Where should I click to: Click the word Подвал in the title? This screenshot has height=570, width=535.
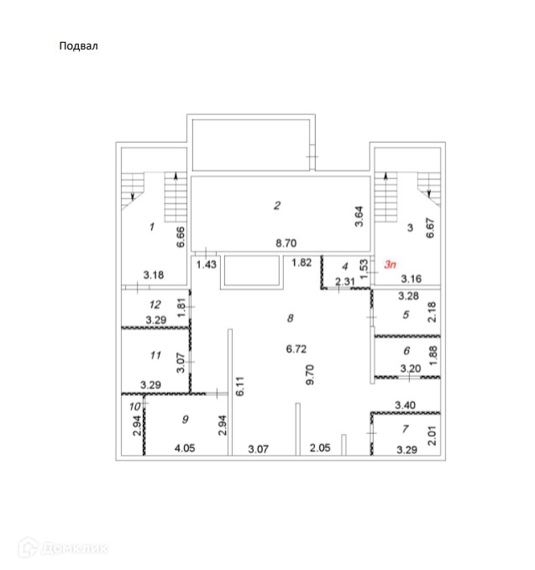(78, 46)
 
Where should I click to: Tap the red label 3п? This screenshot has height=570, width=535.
(390, 264)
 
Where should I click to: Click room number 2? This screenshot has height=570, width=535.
(275, 205)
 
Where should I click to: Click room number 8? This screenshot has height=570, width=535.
(290, 318)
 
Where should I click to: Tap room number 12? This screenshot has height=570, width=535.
(154, 305)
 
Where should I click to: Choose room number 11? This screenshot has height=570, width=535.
(154, 356)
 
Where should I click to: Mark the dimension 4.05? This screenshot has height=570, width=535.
(184, 448)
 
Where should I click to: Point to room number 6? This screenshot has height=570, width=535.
(406, 352)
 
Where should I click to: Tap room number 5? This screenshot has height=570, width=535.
(405, 315)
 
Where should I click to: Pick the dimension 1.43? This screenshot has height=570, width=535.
(206, 264)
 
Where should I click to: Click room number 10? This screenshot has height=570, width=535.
(132, 407)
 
